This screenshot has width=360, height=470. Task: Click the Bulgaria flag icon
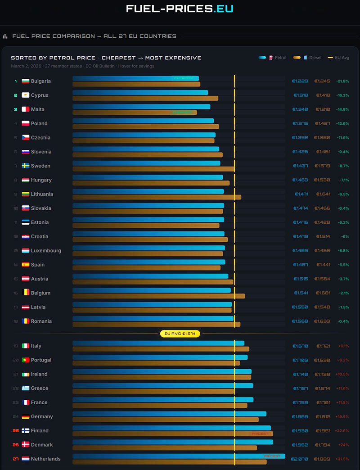point(26,81)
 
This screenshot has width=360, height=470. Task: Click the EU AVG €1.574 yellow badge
point(180,334)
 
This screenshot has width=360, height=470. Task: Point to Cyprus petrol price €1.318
point(301,95)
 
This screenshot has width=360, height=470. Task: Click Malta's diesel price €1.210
point(323,109)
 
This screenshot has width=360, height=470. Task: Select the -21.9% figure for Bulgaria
point(343,81)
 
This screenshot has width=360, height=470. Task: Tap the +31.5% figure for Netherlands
point(343,459)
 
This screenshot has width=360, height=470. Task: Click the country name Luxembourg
point(46,251)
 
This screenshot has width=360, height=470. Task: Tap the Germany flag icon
point(26,417)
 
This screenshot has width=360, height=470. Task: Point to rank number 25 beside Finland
point(16,431)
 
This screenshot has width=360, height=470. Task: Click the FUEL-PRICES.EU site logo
point(180,9)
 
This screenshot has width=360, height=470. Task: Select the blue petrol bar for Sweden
point(146,163)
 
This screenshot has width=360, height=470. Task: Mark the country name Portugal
point(41,360)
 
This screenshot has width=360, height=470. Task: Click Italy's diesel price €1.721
point(323,346)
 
